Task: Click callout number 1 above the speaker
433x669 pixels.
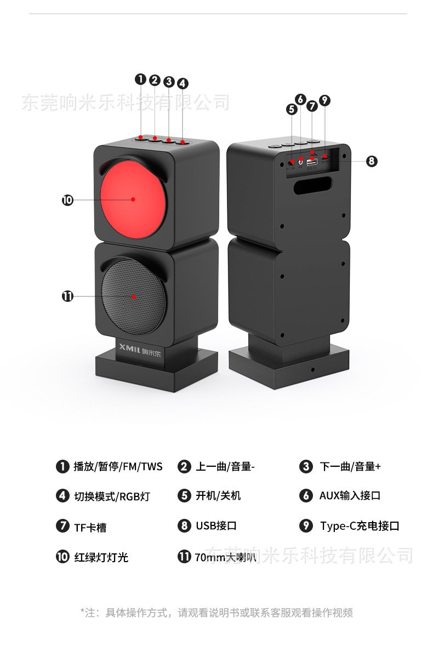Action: (141, 79)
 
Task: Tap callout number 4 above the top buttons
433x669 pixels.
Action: (183, 83)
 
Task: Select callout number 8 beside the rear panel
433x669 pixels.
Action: (372, 161)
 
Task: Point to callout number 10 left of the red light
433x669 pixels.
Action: (67, 200)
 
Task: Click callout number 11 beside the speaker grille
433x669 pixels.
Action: (67, 296)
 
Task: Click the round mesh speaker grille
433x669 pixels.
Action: (133, 296)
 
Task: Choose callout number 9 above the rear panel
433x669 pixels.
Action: (324, 100)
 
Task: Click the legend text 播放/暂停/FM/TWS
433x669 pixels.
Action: (118, 466)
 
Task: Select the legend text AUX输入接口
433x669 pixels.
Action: (350, 496)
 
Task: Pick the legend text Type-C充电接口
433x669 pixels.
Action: (360, 526)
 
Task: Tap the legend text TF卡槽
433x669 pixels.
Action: (90, 528)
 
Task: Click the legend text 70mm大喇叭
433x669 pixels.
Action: (225, 557)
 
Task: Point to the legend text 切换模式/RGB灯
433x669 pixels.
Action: (112, 496)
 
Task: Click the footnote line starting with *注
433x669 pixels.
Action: (216, 612)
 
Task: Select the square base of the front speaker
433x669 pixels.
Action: (156, 370)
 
